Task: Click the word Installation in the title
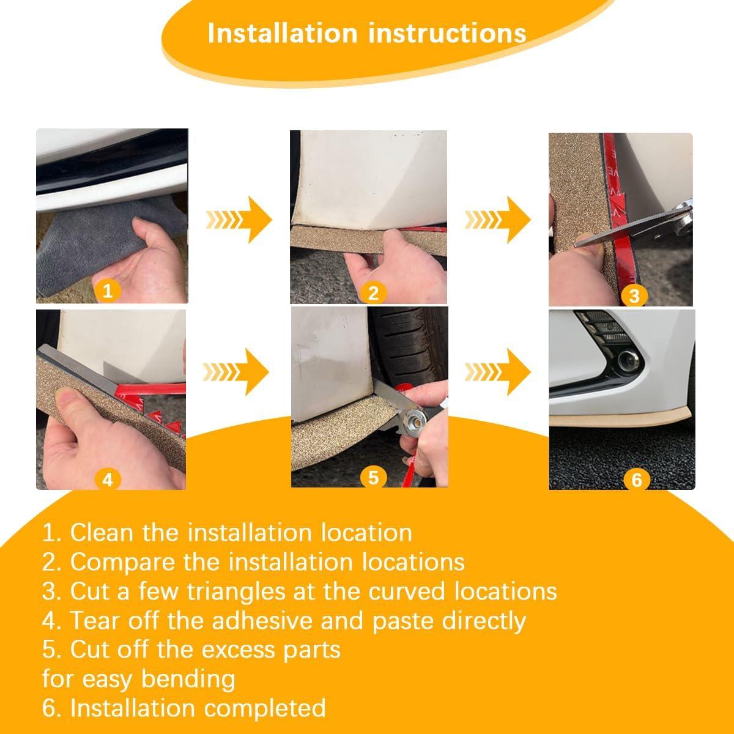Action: click(282, 34)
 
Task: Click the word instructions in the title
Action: click(447, 34)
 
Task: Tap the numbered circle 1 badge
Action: click(108, 291)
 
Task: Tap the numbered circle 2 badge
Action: click(373, 293)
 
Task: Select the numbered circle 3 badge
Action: click(634, 296)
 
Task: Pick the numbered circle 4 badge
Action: click(108, 480)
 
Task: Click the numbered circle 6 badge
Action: click(637, 480)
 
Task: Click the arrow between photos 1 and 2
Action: click(239, 220)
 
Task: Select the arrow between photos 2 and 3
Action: click(497, 220)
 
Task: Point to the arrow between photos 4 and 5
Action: click(235, 372)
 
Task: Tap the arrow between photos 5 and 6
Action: click(497, 372)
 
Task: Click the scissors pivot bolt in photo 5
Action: click(415, 420)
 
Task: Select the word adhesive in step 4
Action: click(262, 621)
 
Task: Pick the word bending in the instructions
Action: click(188, 680)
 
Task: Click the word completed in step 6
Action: click(265, 709)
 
